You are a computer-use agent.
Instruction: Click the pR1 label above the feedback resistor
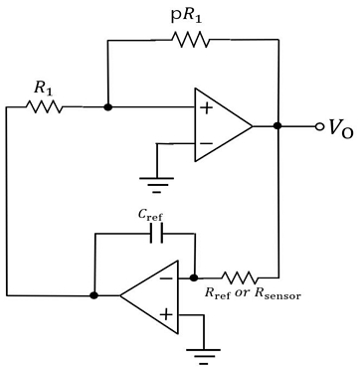pos(186,15)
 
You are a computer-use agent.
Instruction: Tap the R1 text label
pos(44,88)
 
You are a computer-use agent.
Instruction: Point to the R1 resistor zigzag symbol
pos(45,105)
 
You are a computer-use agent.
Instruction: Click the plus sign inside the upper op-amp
pos(206,106)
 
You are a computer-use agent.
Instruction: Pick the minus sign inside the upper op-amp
pos(206,145)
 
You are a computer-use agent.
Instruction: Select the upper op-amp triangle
pos(221,126)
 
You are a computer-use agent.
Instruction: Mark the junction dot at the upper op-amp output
pos(277,126)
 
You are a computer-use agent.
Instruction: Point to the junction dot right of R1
pos(107,105)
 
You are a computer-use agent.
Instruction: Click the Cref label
pos(151,215)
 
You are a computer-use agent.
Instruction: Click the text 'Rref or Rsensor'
pos(252,294)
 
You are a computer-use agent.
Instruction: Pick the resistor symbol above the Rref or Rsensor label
pos(241,276)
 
